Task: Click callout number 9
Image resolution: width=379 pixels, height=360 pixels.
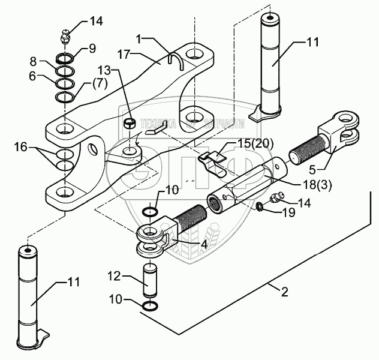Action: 92,48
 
